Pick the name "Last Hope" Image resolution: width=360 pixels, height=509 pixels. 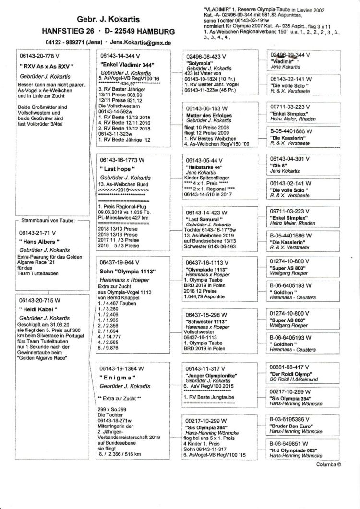pyautogui.click(x=117, y=169)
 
